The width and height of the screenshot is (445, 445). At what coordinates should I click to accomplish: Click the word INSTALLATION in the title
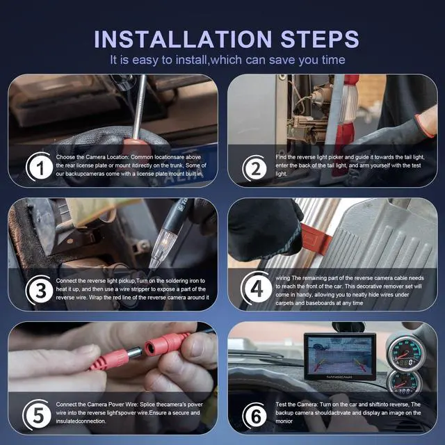point(183,39)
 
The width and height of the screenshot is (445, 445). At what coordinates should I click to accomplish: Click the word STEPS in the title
point(320,39)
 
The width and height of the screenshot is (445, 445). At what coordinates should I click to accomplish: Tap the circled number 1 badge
point(40,167)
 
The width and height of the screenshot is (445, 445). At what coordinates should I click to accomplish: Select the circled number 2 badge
point(255,168)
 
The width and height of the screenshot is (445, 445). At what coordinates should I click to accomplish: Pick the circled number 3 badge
point(40,290)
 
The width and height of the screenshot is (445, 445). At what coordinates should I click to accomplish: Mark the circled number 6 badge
point(255,416)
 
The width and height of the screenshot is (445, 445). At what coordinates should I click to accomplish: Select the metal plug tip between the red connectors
point(134,353)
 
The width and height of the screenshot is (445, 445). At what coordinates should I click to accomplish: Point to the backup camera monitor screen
point(340,355)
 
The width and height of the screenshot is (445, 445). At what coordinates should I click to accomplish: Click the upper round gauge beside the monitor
point(406,353)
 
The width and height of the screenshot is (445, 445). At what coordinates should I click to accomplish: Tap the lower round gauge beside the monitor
point(404,383)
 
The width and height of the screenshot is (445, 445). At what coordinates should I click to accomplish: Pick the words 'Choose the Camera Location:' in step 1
point(92,157)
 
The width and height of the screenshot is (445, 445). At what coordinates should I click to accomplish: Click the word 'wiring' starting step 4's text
point(283,278)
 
